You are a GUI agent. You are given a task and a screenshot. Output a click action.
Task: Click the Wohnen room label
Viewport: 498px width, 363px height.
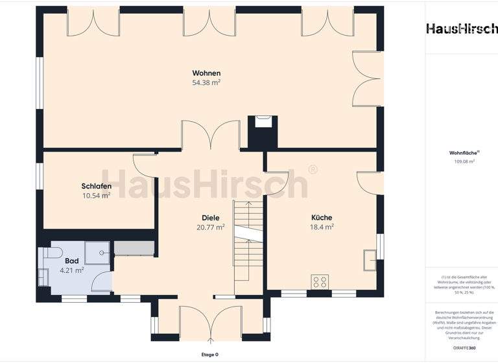coord(206,73)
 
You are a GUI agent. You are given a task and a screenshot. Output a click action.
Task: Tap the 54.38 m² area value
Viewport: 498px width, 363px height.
coord(206,83)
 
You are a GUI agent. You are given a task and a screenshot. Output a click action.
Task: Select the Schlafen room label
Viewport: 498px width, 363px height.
coord(96,186)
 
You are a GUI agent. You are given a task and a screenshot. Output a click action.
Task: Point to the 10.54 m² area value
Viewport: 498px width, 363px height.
coord(96,196)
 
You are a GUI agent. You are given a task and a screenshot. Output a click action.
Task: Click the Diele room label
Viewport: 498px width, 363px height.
coord(210,218)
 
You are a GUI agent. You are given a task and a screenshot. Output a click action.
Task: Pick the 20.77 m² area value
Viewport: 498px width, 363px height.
coord(210,228)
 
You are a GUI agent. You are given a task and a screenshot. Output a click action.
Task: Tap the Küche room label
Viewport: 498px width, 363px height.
coord(322,218)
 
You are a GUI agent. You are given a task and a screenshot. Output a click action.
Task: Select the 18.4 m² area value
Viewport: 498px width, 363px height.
coord(322,228)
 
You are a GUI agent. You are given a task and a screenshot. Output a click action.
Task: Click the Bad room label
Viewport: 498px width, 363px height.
coord(71,261)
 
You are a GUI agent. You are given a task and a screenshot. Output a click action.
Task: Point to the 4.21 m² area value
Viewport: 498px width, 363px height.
coord(71,270)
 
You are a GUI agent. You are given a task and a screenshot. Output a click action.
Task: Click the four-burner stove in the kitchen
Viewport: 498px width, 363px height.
coord(320,281)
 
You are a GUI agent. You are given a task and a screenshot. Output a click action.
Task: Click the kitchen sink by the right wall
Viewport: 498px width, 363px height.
coord(370,259)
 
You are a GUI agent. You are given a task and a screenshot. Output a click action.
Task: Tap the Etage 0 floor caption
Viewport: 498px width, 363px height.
coord(209,355)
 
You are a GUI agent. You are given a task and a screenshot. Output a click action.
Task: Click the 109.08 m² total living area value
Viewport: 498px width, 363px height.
coord(464,161)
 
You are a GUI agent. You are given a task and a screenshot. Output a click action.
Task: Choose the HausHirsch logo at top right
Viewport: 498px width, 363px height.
coord(462,29)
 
